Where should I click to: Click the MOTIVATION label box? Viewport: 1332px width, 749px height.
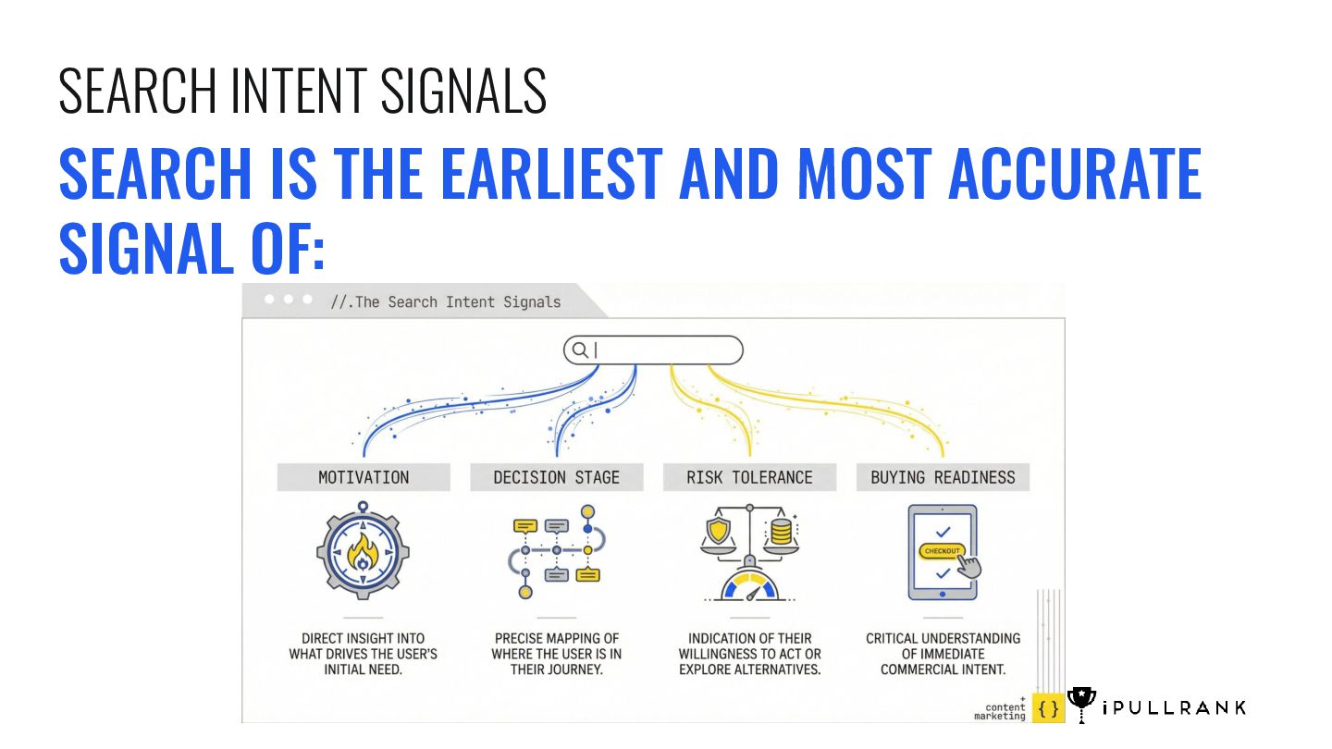click(x=364, y=477)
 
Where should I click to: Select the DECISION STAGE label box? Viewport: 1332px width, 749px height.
click(x=556, y=477)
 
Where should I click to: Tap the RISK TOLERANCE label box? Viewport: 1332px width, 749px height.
click(x=749, y=477)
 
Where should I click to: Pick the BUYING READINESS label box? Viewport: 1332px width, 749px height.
click(x=943, y=477)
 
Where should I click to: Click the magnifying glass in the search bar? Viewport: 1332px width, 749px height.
click(x=580, y=350)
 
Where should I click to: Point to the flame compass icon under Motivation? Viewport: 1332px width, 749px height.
click(x=363, y=552)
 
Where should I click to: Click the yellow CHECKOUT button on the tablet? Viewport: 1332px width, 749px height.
click(x=943, y=551)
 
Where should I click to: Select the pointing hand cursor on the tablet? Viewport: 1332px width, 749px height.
click(x=968, y=566)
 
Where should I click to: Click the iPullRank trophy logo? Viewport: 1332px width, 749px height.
click(x=1081, y=704)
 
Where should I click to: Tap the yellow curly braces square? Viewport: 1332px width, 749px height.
click(x=1047, y=708)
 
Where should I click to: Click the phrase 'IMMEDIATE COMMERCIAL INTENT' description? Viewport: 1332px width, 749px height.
click(x=943, y=661)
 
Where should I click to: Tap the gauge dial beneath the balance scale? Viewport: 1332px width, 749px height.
click(x=749, y=588)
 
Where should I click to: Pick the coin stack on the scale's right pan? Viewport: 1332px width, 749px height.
click(x=781, y=531)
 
